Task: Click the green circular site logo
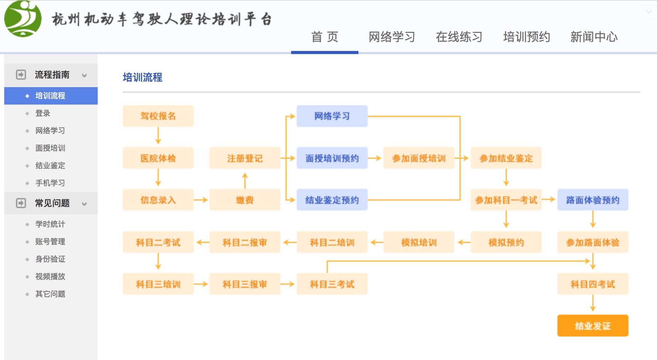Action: (x=23, y=19)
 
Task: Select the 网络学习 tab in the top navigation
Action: (x=392, y=37)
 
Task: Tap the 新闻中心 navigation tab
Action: (x=594, y=37)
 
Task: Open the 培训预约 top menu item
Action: (x=527, y=37)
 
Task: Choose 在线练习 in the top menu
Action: (x=459, y=37)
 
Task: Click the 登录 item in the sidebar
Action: (x=43, y=113)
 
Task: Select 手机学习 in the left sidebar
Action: (x=50, y=183)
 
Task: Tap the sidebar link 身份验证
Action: (x=50, y=259)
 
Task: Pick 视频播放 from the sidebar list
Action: (x=50, y=276)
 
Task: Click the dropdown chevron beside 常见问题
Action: (x=85, y=204)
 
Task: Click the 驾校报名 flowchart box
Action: (x=158, y=116)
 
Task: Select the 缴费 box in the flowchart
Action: (x=245, y=200)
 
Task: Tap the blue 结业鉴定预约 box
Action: (x=332, y=200)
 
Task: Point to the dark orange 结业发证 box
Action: (x=593, y=326)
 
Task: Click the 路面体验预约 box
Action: (x=593, y=200)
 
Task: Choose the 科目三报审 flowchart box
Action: (x=245, y=284)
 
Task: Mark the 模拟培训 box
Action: (x=419, y=242)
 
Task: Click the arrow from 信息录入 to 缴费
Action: (x=201, y=200)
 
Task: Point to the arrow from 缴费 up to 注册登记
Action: (x=245, y=180)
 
